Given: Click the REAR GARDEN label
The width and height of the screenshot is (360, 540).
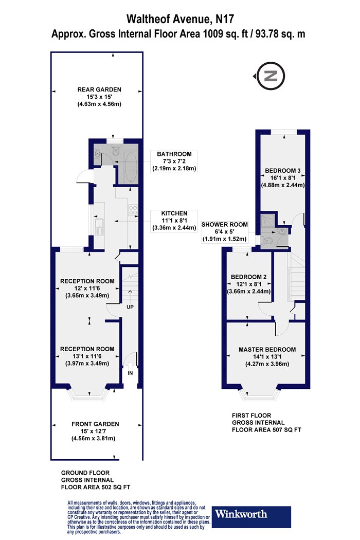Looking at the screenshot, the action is tap(99, 89).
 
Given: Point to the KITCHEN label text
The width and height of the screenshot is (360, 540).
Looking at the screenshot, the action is tap(174, 213).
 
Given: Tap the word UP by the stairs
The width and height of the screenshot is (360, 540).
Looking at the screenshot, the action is tap(130, 307).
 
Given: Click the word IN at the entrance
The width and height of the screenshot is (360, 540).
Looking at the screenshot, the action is tap(130, 373).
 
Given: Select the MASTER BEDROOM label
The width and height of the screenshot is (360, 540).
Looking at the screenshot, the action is tap(267, 350).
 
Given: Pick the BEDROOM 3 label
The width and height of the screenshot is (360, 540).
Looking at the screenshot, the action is tap(282, 170).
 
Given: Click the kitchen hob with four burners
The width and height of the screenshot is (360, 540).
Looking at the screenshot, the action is tap(133, 210).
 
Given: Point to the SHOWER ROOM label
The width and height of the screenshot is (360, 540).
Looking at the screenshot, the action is tap(225, 225).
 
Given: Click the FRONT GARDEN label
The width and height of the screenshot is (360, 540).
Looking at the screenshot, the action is tap(95, 424).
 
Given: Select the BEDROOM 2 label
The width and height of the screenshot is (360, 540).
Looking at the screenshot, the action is tap(249, 277).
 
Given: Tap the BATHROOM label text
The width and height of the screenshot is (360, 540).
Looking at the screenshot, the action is tap(174, 154).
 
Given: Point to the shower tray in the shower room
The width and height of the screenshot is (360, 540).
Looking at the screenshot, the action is tap(267, 220).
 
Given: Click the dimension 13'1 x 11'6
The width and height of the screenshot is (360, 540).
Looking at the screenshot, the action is tap(87, 356).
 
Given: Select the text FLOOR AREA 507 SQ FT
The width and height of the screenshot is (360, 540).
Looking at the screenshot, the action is tap(266, 430).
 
